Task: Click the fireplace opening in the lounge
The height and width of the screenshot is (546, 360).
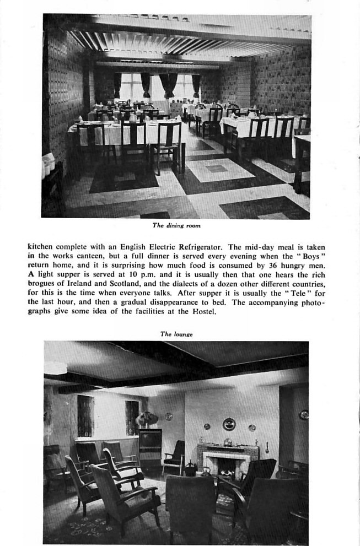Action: point(227,467)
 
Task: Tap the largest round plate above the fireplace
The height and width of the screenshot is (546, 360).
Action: point(229,424)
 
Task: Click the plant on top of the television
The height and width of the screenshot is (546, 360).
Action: point(147,419)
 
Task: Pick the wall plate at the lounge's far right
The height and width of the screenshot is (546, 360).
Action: point(303,414)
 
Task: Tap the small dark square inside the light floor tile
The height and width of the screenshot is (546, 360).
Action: point(217,169)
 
